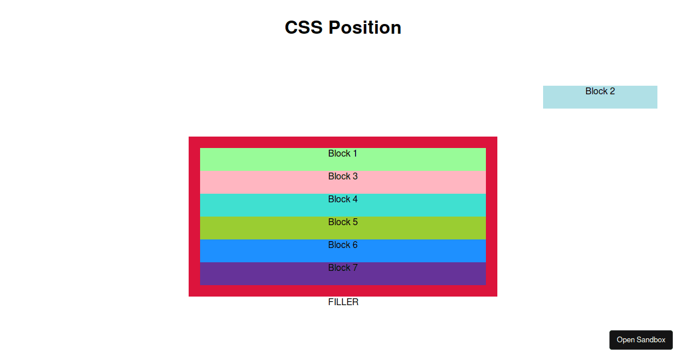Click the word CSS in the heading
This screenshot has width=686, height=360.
[304, 27]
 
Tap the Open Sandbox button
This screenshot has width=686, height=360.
[641, 340]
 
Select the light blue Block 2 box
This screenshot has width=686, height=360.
[600, 101]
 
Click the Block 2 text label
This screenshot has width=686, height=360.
[600, 91]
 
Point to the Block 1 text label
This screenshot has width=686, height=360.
[342, 154]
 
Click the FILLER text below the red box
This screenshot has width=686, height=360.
[343, 302]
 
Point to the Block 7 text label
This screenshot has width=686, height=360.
[342, 268]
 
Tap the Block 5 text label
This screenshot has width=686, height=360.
[342, 222]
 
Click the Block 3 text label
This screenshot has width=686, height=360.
[342, 177]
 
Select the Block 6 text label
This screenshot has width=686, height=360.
[342, 245]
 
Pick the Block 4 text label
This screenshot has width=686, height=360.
[342, 199]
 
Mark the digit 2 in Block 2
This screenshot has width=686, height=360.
[612, 91]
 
